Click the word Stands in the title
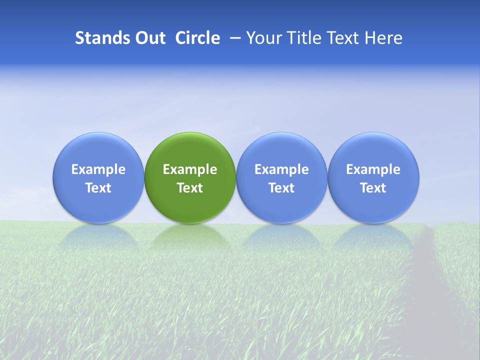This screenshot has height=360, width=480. coord(102,38)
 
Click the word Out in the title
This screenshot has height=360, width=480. coord(149,38)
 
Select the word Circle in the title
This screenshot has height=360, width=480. coord(197,38)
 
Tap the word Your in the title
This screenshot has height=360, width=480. coord(263,38)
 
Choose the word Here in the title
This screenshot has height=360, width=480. coord(383,38)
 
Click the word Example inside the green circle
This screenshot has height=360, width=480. coord(190,169)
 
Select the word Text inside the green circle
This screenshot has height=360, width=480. coord(190,188)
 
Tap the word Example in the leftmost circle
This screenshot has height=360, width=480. coord(98,169)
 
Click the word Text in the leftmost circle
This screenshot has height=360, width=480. coord(98,188)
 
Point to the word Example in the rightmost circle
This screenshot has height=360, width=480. coord(373,169)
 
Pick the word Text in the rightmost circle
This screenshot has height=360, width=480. coord(373,188)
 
